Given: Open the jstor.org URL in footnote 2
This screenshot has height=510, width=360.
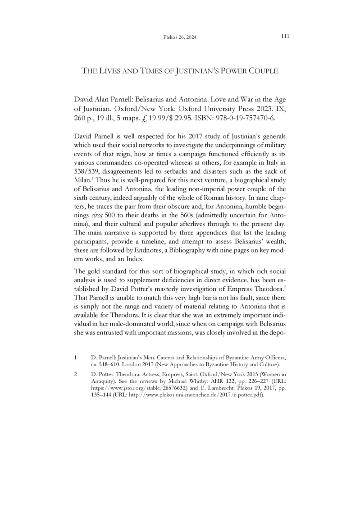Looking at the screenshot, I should pos(132,388).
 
